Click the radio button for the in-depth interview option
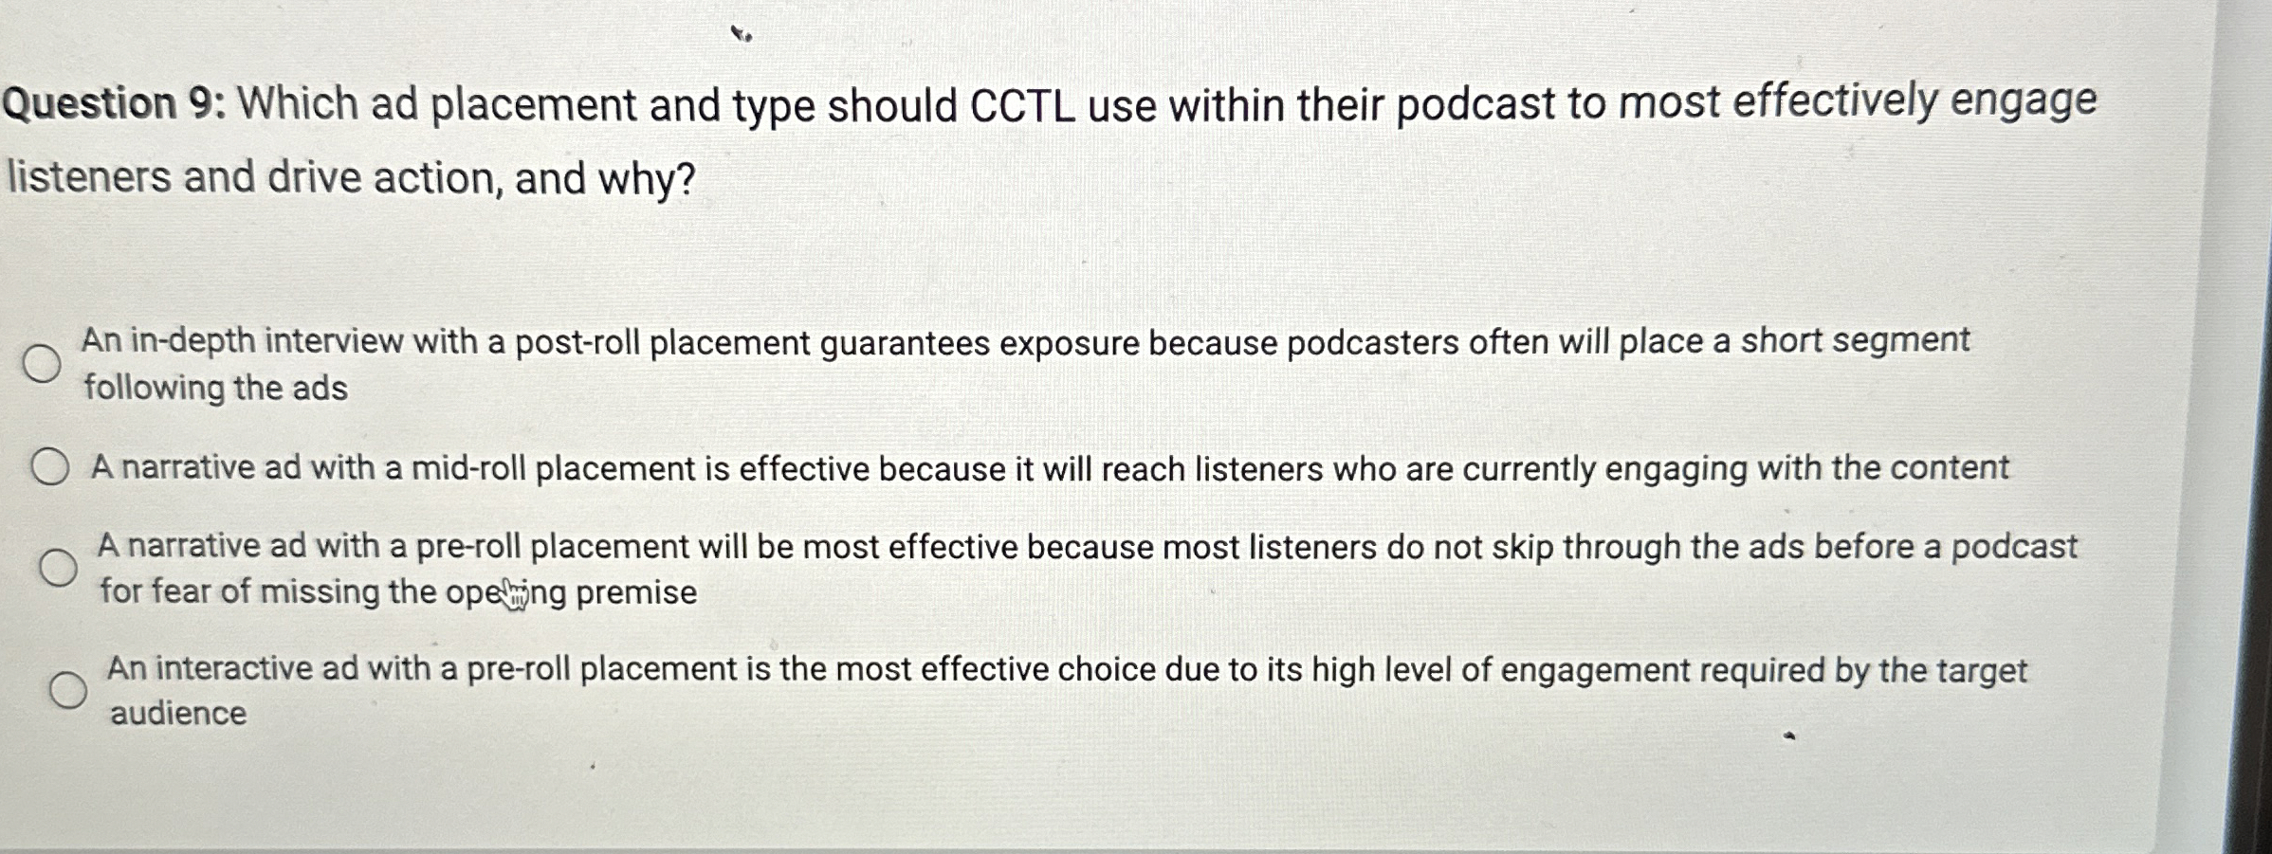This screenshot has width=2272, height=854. coord(42,363)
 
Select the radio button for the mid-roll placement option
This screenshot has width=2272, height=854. coord(49,467)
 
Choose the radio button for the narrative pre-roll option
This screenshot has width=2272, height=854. coord(58,567)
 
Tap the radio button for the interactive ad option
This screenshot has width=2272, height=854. coord(68,690)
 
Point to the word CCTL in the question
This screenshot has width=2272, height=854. coord(1021,106)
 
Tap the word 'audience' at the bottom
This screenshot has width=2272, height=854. coord(178,713)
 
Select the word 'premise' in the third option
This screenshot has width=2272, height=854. coord(636,593)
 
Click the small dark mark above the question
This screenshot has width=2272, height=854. coord(741,35)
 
